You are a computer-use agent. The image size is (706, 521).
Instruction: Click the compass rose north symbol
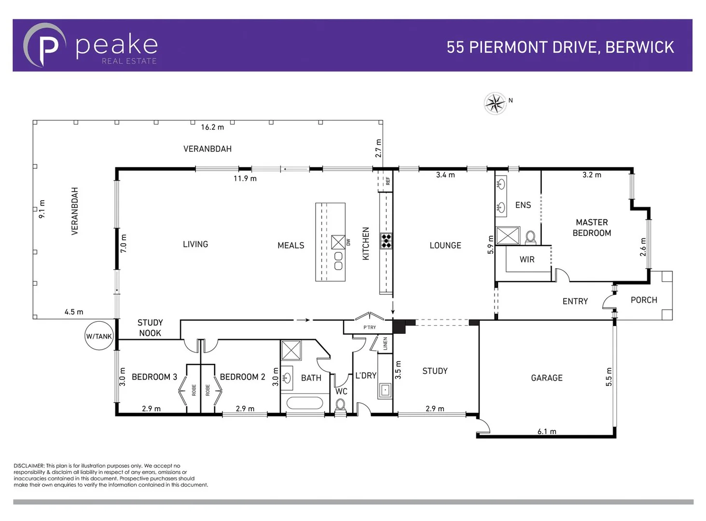tap(495, 103)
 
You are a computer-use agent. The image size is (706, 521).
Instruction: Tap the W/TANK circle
tap(99, 336)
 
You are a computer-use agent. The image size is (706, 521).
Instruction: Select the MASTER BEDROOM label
tap(592, 228)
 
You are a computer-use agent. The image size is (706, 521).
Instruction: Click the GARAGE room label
tap(546, 378)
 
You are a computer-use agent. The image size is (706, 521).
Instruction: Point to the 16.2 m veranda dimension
tap(212, 127)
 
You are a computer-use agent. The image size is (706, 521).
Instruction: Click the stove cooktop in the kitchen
tap(386, 240)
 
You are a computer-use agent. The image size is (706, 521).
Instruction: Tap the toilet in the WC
tap(341, 405)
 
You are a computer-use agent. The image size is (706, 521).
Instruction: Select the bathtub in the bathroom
tap(305, 403)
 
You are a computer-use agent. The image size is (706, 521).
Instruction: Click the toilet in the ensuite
tap(530, 237)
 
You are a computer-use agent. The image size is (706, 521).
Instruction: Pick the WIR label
tap(527, 260)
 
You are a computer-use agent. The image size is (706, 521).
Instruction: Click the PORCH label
tap(644, 300)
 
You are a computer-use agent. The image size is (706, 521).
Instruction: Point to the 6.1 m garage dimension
tap(547, 431)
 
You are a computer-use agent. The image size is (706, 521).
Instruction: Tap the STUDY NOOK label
tap(150, 328)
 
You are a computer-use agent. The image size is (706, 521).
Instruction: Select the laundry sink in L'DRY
tap(385, 390)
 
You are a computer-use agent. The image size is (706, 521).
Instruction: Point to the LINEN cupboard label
tap(385, 343)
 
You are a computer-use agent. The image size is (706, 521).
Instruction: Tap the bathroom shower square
tap(291, 350)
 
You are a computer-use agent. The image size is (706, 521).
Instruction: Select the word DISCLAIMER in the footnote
tap(29, 466)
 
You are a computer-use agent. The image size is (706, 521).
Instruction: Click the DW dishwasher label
tap(348, 242)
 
